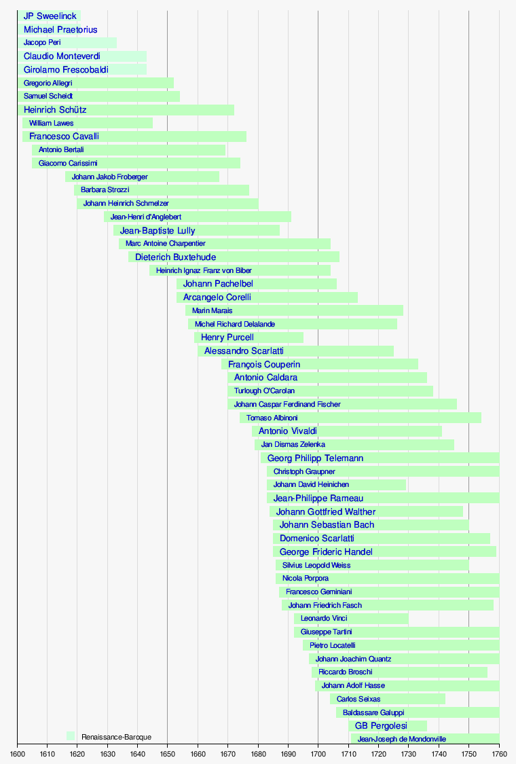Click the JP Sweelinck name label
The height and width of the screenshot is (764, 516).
[x=50, y=16]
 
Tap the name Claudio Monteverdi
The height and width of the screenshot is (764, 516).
[x=62, y=56]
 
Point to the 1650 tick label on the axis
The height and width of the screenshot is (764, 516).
[x=168, y=754]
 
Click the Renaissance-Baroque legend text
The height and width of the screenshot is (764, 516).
[x=116, y=737]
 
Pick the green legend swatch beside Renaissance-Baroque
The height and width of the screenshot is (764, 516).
[x=71, y=736]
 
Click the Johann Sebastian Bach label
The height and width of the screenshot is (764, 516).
[x=327, y=525]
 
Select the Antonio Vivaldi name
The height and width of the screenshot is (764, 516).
[x=287, y=431]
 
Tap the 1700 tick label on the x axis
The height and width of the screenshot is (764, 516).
[x=318, y=754]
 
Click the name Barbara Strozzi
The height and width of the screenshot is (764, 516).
[x=105, y=190]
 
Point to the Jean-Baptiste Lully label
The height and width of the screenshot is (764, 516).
[x=158, y=231]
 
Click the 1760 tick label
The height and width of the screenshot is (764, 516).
[x=499, y=754]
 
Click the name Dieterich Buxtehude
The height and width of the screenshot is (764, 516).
[x=175, y=257]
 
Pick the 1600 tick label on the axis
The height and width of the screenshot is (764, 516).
[x=18, y=754]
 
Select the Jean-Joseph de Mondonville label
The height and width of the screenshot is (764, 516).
[x=402, y=739]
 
